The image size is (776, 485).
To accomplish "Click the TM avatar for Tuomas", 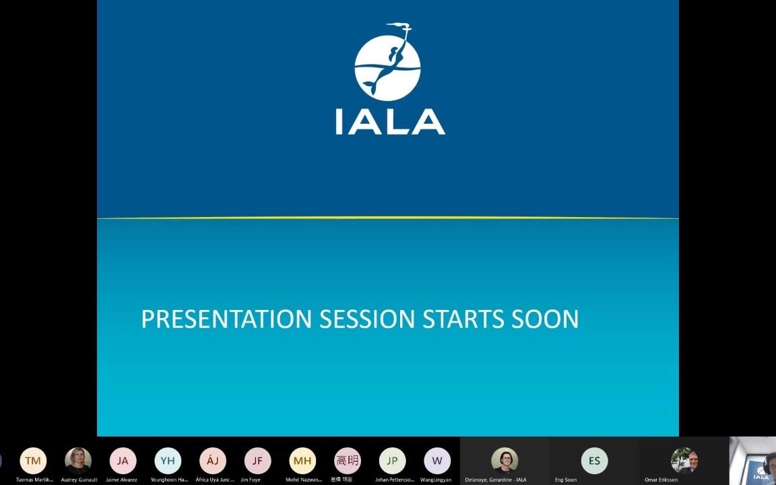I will pyautogui.click(x=33, y=461).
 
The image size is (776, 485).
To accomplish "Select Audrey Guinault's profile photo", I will pyautogui.click(x=78, y=461).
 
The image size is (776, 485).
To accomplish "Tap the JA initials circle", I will pyautogui.click(x=123, y=461).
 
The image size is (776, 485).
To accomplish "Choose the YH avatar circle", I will pyautogui.click(x=168, y=461).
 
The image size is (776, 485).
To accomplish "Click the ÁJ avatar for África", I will pyautogui.click(x=213, y=461).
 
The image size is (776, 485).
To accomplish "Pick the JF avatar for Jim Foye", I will pyautogui.click(x=257, y=461).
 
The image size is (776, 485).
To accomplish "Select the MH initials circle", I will pyautogui.click(x=302, y=461).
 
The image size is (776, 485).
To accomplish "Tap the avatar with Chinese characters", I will pyautogui.click(x=348, y=461).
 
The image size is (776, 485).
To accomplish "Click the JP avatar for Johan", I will pyautogui.click(x=392, y=461).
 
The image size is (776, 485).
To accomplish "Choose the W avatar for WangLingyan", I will pyautogui.click(x=437, y=461).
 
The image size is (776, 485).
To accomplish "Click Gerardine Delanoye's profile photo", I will pyautogui.click(x=505, y=460).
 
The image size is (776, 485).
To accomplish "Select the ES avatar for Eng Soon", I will pyautogui.click(x=594, y=461).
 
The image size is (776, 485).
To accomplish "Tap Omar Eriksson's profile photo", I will pyautogui.click(x=684, y=460).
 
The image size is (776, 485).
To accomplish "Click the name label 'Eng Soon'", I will pyautogui.click(x=566, y=480).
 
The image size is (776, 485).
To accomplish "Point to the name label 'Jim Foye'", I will pyautogui.click(x=250, y=480).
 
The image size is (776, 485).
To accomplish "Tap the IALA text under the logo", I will pyautogui.click(x=390, y=123).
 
